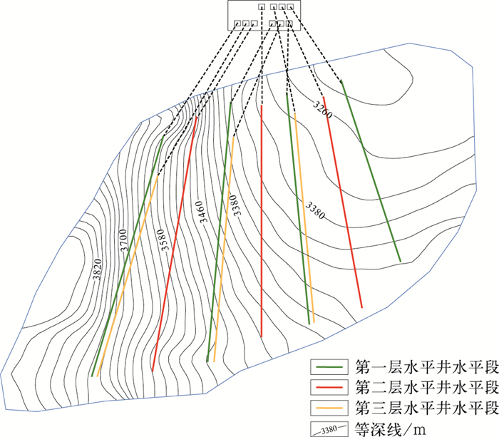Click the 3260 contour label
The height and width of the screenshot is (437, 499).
(x=323, y=106)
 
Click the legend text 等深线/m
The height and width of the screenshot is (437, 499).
(x=385, y=428)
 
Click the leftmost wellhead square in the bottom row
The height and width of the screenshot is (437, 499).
(x=237, y=24)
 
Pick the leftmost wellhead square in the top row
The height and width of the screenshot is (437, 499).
(x=262, y=8)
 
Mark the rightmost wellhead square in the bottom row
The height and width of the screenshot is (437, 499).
(x=289, y=24)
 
